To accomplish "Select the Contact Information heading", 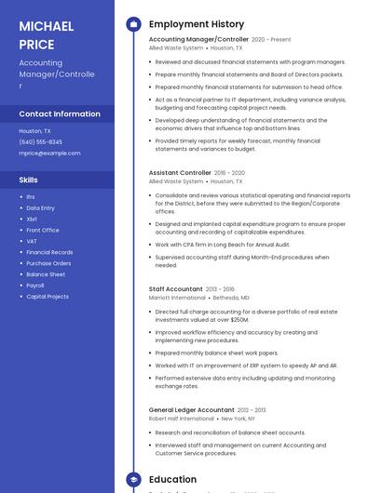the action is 60,113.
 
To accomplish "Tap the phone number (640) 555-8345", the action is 41,141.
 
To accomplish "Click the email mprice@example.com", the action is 49,153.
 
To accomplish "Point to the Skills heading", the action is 29,180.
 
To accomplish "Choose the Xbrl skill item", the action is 32,219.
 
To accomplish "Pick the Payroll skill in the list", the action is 36,286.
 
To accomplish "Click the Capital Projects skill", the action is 48,297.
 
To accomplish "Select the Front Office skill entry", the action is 43,230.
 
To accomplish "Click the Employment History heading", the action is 197,24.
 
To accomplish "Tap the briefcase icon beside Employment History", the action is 133,24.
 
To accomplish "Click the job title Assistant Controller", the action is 180,172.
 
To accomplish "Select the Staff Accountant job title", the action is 176,289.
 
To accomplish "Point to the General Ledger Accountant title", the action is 191,409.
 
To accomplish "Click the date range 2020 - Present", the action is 271,40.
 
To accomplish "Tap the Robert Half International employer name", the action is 182,419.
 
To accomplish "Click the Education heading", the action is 173,480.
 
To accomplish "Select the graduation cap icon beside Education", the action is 133,480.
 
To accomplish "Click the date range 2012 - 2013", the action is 252,409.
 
